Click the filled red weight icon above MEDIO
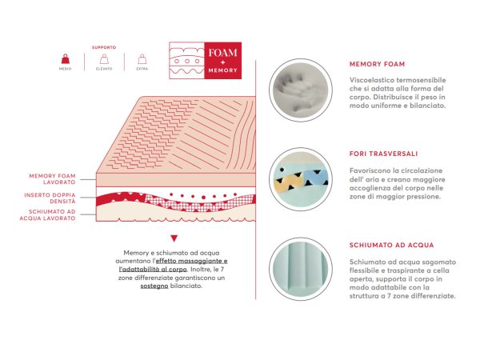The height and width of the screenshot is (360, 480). (x=66, y=58)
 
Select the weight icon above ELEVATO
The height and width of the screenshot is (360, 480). (x=104, y=58)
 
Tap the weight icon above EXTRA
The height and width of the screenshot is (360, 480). (x=142, y=58)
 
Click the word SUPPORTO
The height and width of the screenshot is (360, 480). (x=104, y=47)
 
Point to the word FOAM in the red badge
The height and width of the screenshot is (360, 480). (x=223, y=53)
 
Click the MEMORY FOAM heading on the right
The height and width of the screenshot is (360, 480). (x=377, y=64)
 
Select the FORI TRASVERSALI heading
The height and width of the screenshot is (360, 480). (x=383, y=154)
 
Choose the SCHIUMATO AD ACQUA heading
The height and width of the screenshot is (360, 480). (x=391, y=246)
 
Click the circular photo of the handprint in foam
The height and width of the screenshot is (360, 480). (x=301, y=90)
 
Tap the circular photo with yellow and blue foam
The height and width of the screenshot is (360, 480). (x=301, y=179)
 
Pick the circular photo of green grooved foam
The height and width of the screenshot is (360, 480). (x=301, y=269)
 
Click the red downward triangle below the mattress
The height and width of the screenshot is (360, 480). (x=174, y=238)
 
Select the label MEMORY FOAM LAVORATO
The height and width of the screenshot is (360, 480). (x=52, y=179)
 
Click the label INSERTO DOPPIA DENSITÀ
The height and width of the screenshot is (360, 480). (x=50, y=198)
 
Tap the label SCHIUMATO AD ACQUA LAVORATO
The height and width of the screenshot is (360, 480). (x=47, y=215)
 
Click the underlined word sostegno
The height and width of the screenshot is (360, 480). (x=154, y=286)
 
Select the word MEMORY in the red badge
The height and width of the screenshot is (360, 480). (x=223, y=70)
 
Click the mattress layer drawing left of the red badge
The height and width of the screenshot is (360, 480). (x=186, y=61)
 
